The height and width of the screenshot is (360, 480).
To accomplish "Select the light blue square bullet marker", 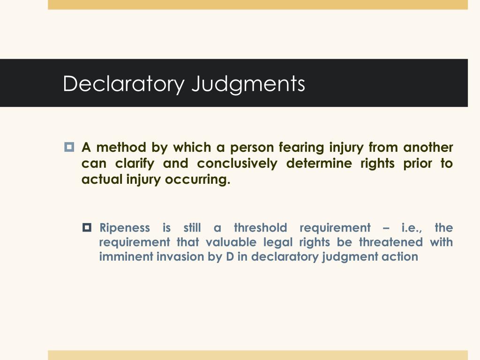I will (x=69, y=147).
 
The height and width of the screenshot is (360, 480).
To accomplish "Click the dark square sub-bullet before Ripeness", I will (x=87, y=228).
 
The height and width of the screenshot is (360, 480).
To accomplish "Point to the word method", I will (x=121, y=148).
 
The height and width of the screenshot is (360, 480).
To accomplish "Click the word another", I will (x=428, y=148).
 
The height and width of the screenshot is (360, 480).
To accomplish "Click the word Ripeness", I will (x=125, y=228).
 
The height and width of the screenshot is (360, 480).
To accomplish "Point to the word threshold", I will (x=260, y=228).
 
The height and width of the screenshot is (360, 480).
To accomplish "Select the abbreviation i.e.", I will (x=412, y=228).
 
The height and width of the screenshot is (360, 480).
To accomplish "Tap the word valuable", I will (x=227, y=242).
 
